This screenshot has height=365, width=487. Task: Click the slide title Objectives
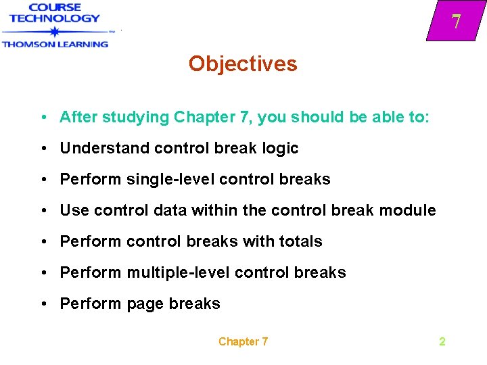tap(243, 64)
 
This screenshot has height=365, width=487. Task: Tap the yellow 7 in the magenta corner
tap(457, 22)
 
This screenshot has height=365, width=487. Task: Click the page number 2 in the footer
tap(442, 341)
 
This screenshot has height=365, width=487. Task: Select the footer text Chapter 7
tap(243, 341)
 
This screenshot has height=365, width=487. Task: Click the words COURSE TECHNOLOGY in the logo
tap(55, 14)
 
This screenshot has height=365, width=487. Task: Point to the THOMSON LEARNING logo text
tap(55, 44)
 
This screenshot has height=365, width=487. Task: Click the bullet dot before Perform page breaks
tap(43, 304)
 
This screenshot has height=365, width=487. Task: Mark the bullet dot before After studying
tap(43, 118)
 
